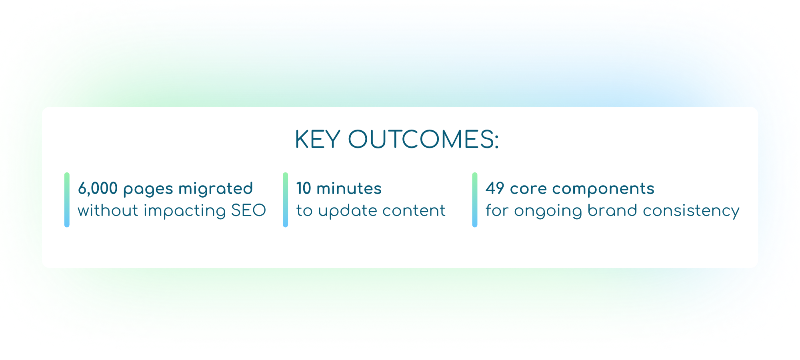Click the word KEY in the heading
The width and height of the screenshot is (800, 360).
(318, 140)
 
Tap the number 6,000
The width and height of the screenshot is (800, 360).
(98, 188)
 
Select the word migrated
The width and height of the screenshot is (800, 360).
(216, 189)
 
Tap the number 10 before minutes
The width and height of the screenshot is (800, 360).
(304, 188)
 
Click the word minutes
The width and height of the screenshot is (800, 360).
(349, 188)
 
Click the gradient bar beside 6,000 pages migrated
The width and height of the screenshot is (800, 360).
(67, 200)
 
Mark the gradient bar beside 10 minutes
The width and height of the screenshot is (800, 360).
(285, 200)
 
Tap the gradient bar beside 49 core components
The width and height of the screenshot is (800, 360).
(475, 200)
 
